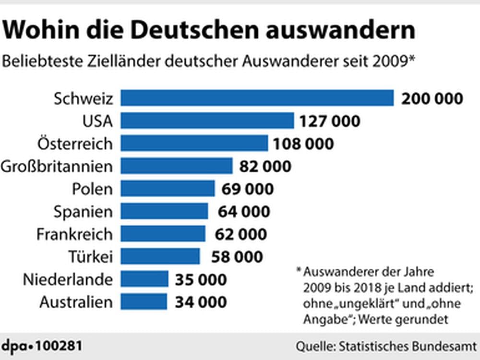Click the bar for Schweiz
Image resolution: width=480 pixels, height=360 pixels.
pyautogui.click(x=257, y=98)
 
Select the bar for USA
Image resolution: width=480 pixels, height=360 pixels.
pyautogui.click(x=207, y=120)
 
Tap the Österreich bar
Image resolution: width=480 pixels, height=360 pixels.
pyautogui.click(x=194, y=143)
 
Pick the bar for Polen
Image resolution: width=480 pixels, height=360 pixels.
pyautogui.click(x=168, y=189)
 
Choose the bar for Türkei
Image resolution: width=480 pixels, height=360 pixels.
pyautogui.click(x=160, y=256)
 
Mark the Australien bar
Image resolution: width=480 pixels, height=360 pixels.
pyautogui.click(x=144, y=302)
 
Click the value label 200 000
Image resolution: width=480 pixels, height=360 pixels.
pyautogui.click(x=432, y=98)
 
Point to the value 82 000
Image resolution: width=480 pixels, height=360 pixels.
pyautogui.click(x=265, y=166)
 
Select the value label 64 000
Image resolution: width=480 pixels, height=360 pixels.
pyautogui.click(x=244, y=211)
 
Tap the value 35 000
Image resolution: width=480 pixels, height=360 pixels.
pyautogui.click(x=200, y=279)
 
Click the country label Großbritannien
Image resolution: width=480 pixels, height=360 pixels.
pyautogui.click(x=57, y=166)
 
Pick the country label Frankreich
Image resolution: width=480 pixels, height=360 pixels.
pyautogui.click(x=74, y=234)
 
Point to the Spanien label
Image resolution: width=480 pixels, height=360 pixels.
pyautogui.click(x=83, y=211)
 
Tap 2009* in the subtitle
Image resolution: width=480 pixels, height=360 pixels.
pyautogui.click(x=394, y=61)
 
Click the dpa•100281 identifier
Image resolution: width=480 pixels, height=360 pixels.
pyautogui.click(x=41, y=346)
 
